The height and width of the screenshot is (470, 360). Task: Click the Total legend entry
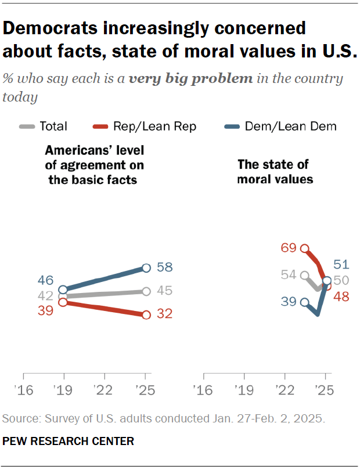[44, 126]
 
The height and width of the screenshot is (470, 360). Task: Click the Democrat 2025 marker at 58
[146, 267]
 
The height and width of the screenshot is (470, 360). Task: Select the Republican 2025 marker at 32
[146, 314]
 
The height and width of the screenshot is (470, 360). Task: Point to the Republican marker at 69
[304, 248]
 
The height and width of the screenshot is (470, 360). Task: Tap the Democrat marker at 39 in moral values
[304, 302]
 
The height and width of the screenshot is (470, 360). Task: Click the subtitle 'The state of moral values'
[275, 172]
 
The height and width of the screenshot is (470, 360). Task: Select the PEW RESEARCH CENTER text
[69, 442]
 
